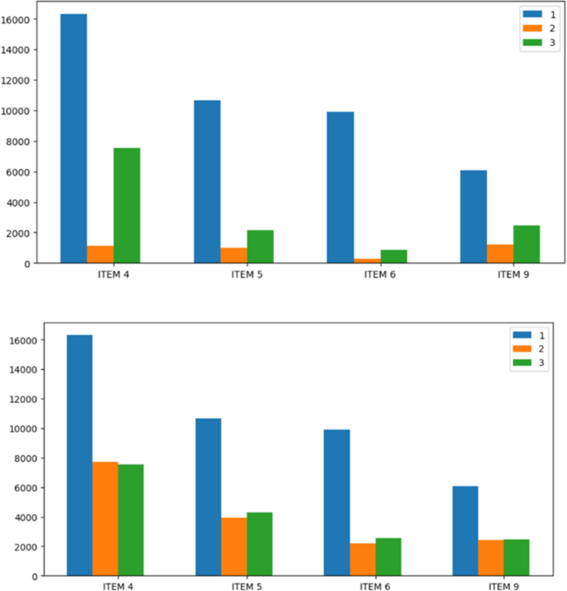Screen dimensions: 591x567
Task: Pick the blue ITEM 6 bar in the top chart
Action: coord(340,187)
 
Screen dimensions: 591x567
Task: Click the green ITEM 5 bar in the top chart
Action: coord(260,247)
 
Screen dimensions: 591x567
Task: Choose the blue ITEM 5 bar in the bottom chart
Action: coord(209,497)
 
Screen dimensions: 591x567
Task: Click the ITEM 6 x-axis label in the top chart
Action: coord(381,275)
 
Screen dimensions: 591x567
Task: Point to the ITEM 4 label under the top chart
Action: coord(113,275)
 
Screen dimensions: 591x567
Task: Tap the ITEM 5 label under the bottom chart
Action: coord(246,587)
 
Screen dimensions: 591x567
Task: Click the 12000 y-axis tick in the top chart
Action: coord(19,80)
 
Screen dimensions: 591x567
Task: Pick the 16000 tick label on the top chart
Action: coord(19,19)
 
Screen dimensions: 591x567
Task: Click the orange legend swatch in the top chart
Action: coord(531,27)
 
